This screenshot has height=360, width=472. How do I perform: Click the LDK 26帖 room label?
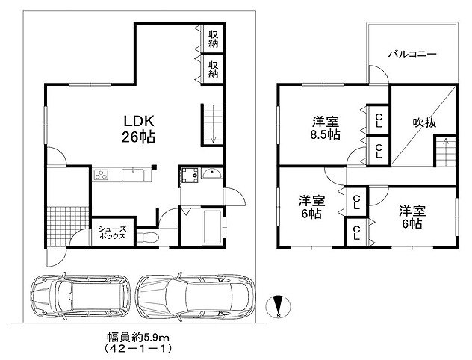click(x=139, y=129)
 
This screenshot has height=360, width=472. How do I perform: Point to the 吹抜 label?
click(x=424, y=122)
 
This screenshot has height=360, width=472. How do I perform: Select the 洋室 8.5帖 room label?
click(x=326, y=128)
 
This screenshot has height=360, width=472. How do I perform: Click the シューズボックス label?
click(x=112, y=232)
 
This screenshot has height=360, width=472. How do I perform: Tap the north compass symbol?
click(x=278, y=307)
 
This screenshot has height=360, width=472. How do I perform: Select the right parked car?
click(x=195, y=297)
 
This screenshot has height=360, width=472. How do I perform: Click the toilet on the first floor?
click(x=147, y=237)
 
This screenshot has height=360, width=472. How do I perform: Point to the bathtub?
click(x=213, y=228)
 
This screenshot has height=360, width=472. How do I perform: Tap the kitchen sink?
click(x=133, y=175)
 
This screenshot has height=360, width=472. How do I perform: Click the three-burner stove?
click(x=101, y=175)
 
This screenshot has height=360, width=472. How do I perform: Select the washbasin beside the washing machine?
click(x=212, y=174)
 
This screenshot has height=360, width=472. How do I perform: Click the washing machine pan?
click(x=190, y=176)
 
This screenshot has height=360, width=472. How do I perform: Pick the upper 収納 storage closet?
click(x=213, y=39)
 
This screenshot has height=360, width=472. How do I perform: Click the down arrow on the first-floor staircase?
click(x=214, y=137)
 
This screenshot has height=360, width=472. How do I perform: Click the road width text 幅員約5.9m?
click(x=138, y=338)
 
